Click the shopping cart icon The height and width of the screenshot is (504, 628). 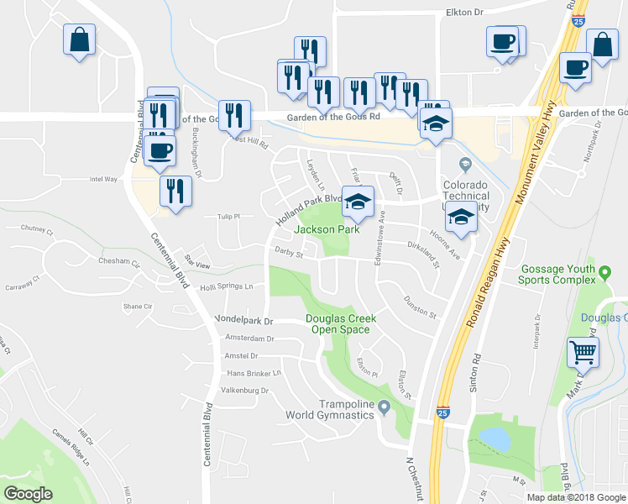point(583,352)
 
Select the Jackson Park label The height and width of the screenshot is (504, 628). point(327,229)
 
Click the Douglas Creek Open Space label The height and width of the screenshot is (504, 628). point(340,324)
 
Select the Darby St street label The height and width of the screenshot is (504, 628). point(290,251)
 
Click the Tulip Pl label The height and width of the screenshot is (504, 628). point(229,216)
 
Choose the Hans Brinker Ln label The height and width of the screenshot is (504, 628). point(253,373)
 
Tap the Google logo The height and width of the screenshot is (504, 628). point(29,493)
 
